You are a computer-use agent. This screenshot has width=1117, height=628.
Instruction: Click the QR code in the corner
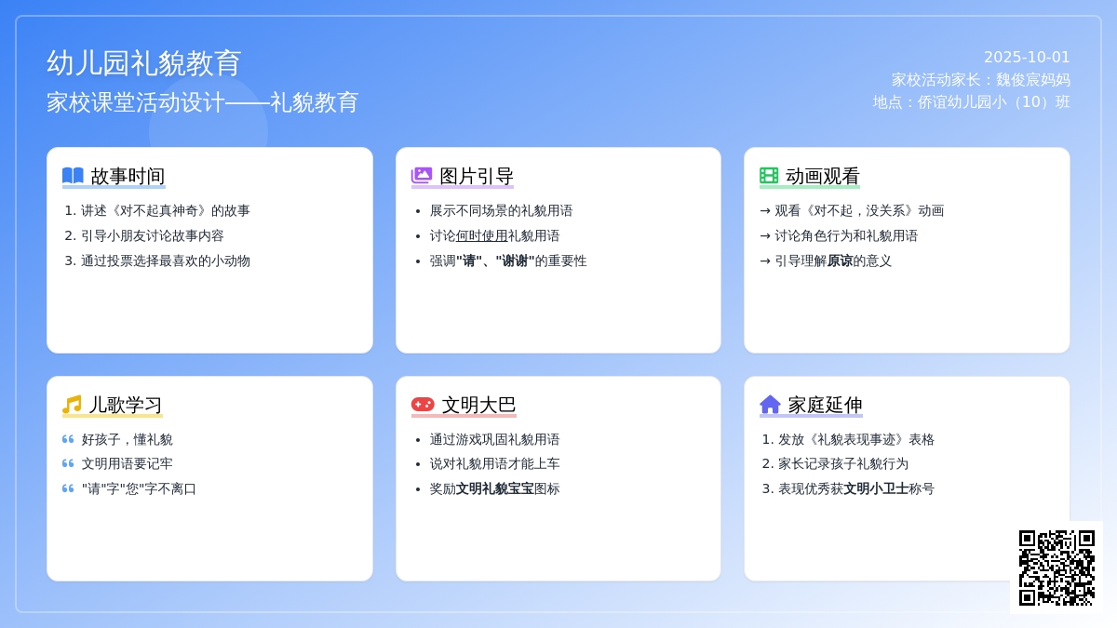click(1056, 568)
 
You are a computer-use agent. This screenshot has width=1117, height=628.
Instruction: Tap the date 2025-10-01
click(1027, 58)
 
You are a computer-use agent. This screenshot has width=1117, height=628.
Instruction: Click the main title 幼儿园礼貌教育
click(144, 63)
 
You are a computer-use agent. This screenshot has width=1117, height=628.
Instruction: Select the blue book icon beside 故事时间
click(73, 176)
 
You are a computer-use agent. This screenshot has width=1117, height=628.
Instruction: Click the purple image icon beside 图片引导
click(422, 176)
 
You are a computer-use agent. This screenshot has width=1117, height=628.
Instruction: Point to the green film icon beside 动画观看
click(769, 176)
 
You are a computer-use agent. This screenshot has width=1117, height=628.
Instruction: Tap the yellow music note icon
click(72, 404)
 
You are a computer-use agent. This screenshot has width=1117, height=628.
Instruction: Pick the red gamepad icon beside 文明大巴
click(423, 404)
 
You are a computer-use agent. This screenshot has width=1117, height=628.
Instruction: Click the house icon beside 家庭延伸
click(770, 404)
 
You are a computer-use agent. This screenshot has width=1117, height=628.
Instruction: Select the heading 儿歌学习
click(125, 405)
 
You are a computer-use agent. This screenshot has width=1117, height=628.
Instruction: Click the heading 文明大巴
click(478, 405)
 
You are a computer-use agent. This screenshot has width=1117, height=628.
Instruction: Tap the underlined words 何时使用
click(482, 235)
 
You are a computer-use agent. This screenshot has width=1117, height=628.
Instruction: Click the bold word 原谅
click(840, 261)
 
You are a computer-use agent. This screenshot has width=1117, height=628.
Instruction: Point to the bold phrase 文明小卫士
click(876, 488)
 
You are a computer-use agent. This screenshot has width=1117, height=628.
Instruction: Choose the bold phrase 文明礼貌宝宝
click(494, 488)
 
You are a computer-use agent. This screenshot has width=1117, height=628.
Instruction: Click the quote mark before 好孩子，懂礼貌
click(68, 439)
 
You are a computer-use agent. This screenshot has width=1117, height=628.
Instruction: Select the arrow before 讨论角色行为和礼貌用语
click(765, 235)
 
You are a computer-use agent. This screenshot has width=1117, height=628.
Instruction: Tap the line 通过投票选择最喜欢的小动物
click(166, 261)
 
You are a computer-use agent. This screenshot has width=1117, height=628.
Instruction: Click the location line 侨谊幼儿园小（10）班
click(971, 102)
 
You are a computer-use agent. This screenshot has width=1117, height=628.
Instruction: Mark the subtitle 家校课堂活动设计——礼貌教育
click(203, 102)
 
